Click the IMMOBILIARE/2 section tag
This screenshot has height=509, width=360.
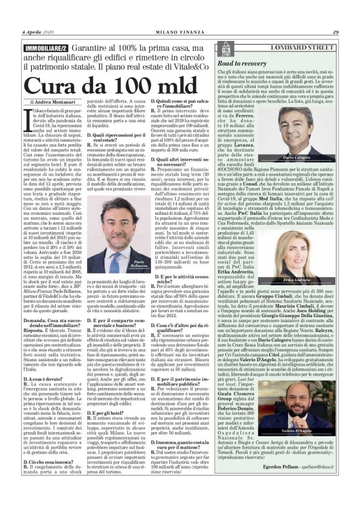click(x=47, y=48)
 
